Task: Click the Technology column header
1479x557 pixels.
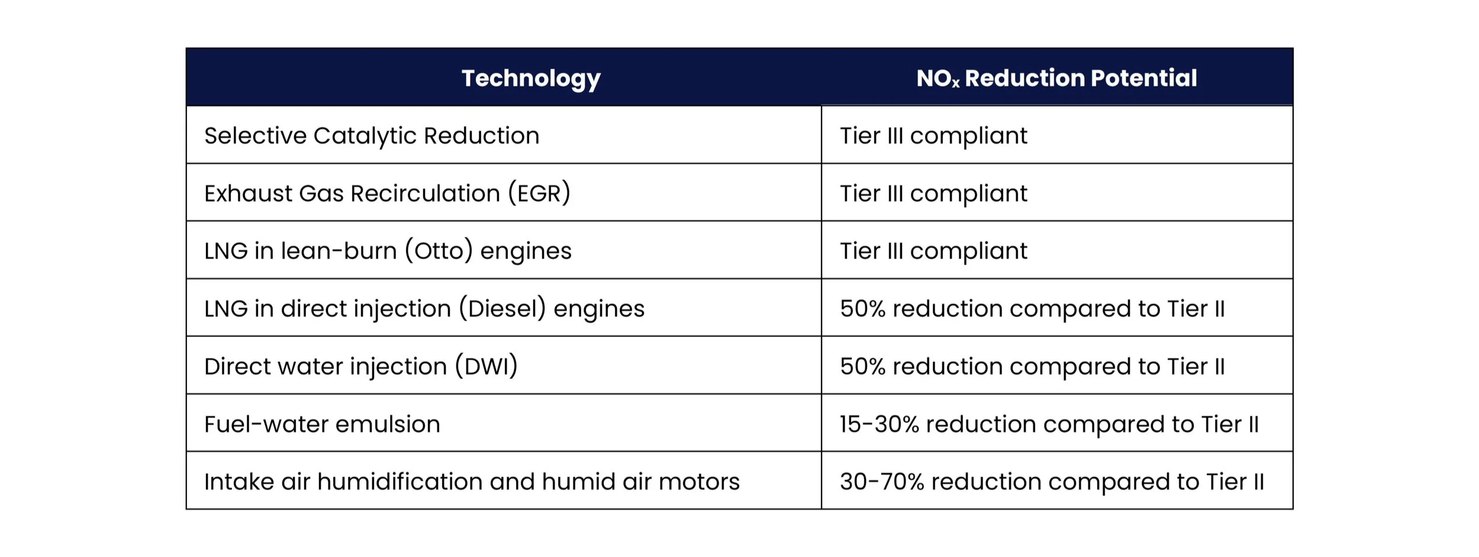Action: point(531,78)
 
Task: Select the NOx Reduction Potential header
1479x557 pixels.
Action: point(1056,78)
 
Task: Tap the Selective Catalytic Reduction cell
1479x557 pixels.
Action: point(372,135)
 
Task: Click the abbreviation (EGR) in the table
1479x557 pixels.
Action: point(539,193)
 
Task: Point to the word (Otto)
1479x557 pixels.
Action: point(439,251)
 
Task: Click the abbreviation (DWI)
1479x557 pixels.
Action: point(486,366)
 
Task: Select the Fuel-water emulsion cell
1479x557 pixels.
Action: point(322,424)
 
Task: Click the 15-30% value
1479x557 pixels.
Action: point(879,424)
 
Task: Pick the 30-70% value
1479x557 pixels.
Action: point(882,481)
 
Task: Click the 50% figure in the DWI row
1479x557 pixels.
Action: point(862,366)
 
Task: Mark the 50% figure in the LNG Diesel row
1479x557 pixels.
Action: point(862,309)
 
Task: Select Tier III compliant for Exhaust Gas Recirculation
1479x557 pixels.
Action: point(933,193)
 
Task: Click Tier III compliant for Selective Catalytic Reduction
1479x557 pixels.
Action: point(933,135)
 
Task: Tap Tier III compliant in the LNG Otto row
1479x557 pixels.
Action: point(933,251)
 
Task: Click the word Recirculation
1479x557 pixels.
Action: point(426,193)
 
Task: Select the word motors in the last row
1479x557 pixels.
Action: point(699,481)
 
